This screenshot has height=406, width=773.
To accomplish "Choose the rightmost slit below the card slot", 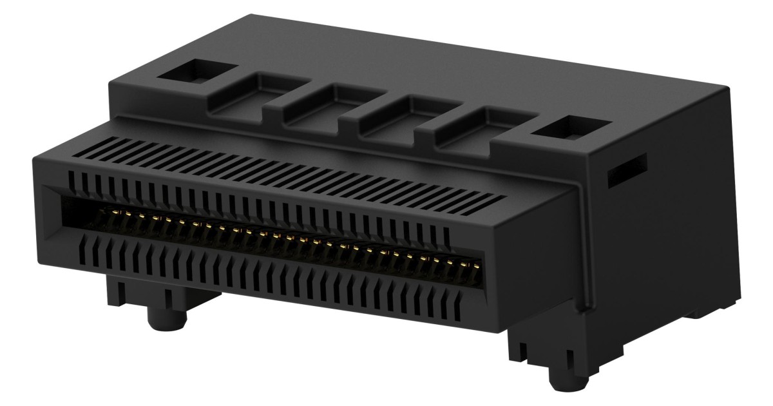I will tap(458, 309).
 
